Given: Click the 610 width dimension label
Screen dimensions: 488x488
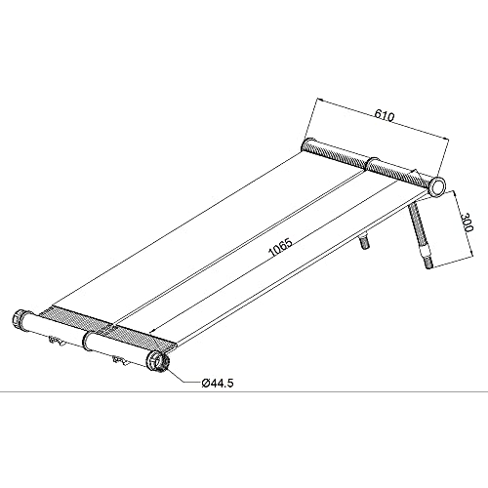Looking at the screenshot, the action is coord(385,116).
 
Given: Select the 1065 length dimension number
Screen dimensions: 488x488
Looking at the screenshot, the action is coord(281,248).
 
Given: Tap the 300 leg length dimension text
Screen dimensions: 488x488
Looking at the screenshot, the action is coord(468,223).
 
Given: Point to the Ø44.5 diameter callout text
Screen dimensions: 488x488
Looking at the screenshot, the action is coord(218,384).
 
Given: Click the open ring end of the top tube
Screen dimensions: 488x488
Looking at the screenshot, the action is coord(437,186).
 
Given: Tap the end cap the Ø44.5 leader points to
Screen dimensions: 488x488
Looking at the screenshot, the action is coord(158,364).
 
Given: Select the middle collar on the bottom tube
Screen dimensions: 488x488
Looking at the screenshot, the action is coord(86,342).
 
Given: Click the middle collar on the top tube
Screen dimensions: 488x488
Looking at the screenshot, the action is coord(373,163).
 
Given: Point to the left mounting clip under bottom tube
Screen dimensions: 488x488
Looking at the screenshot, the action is coord(56,341).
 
